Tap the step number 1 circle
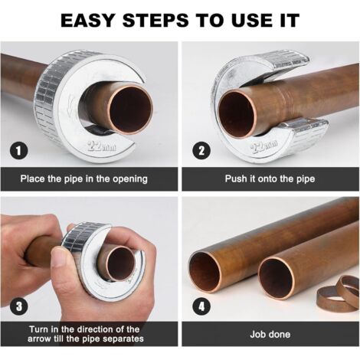click(17, 150)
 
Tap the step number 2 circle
click(201, 150)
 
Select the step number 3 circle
click(17, 307)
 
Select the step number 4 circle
click(201, 307)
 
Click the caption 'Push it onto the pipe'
click(270, 179)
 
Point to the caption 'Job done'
click(270, 334)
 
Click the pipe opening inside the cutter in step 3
click(119, 264)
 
